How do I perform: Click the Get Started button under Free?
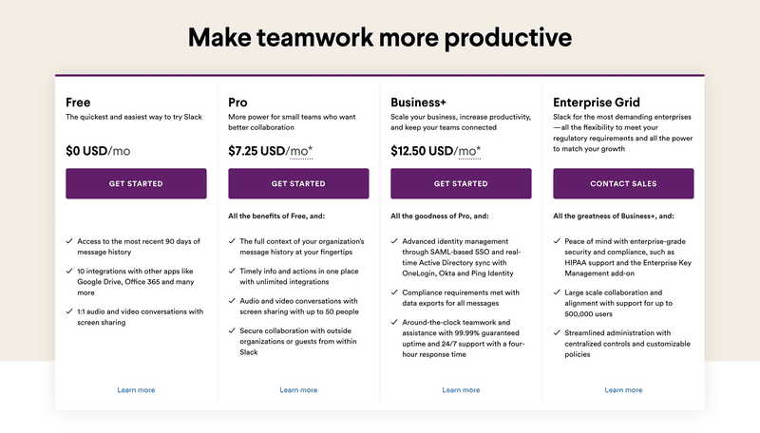click(136, 183)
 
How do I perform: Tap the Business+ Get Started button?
click(461, 183)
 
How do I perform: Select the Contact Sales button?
click(623, 183)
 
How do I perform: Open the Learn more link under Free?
click(136, 390)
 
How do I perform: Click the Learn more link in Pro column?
click(298, 390)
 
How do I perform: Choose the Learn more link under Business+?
click(461, 390)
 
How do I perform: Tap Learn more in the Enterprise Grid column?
click(623, 390)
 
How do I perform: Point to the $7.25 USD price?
click(256, 150)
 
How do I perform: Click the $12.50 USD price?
click(422, 150)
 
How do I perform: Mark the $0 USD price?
click(85, 150)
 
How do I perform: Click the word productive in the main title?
click(501, 38)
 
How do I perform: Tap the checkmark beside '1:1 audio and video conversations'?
click(69, 311)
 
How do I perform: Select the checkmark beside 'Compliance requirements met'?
click(394, 292)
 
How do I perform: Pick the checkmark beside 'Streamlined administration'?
click(557, 332)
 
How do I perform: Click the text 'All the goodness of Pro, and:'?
click(441, 216)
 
